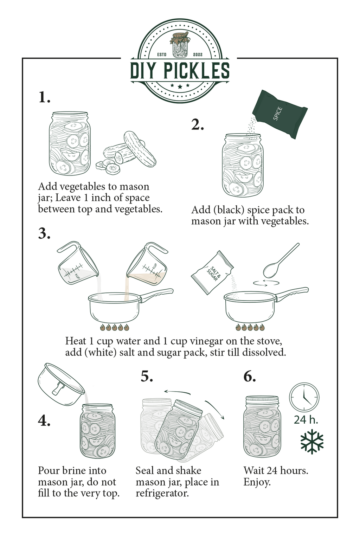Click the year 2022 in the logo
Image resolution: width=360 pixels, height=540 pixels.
point(198,54)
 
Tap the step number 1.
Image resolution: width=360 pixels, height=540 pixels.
point(44,97)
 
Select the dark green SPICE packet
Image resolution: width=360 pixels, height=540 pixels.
point(280,114)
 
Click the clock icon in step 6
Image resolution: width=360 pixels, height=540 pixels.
point(304,397)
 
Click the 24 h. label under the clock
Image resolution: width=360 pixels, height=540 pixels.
point(306,420)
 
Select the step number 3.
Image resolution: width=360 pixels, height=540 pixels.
point(44,233)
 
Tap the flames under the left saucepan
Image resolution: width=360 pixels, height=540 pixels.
point(115,328)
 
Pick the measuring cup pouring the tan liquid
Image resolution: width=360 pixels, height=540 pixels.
point(148,264)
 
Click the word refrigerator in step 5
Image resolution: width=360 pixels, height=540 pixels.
point(162,493)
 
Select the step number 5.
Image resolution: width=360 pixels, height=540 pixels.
point(147,377)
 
